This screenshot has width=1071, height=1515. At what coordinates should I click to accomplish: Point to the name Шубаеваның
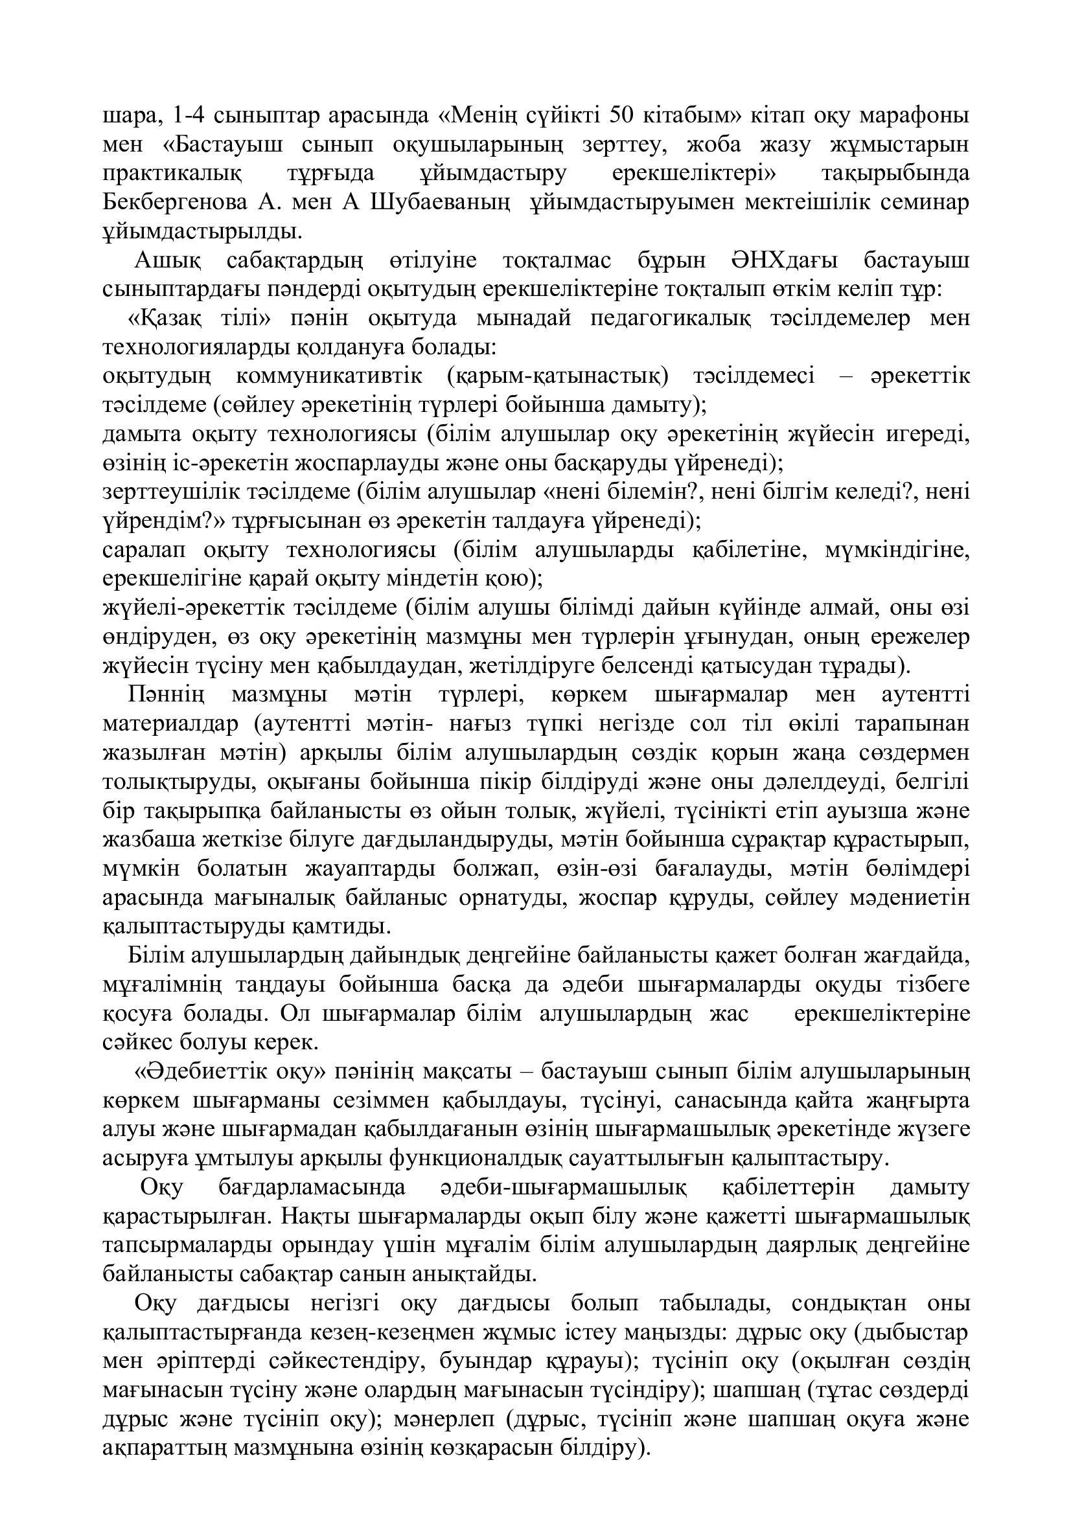tap(441, 201)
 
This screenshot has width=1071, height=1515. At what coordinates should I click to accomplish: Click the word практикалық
tap(172, 173)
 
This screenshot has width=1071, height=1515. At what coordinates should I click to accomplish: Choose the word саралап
tap(144, 550)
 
